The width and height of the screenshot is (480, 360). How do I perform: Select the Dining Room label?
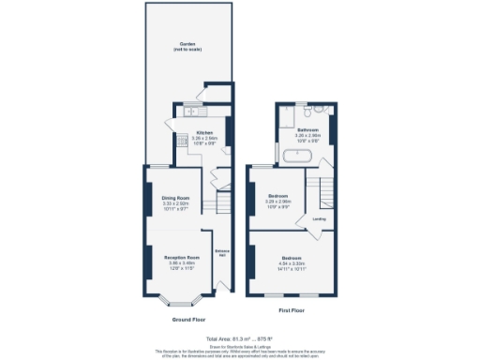pyautogui.click(x=176, y=198)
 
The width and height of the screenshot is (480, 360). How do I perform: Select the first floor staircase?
pyautogui.click(x=328, y=191)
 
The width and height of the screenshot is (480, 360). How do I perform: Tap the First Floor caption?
pyautogui.click(x=292, y=308)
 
